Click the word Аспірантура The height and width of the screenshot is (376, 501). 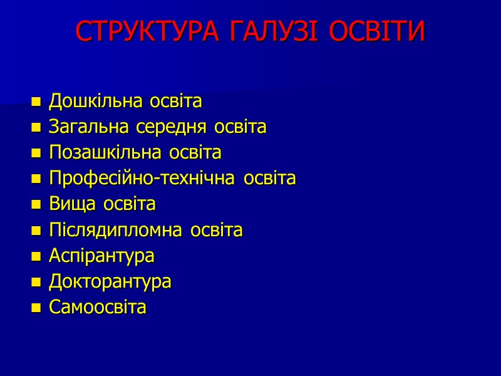pyautogui.click(x=101, y=256)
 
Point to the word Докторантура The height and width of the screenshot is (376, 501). pyautogui.click(x=110, y=282)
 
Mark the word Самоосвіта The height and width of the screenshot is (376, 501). pyautogui.click(x=97, y=308)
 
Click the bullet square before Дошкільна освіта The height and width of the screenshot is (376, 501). pyautogui.click(x=36, y=102)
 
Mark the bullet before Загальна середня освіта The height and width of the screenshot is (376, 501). pyautogui.click(x=36, y=128)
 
